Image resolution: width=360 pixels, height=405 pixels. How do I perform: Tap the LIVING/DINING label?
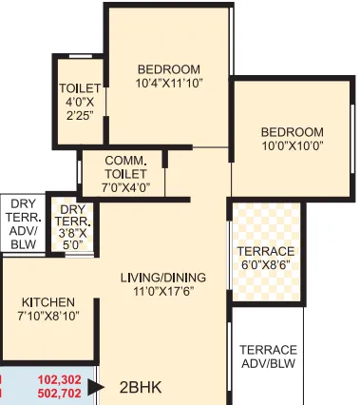click(163, 278)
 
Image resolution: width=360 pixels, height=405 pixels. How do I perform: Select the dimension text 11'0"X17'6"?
click(163, 291)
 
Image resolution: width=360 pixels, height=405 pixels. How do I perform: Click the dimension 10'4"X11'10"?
click(168, 83)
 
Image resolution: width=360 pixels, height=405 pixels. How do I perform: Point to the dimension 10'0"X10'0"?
click(292, 146)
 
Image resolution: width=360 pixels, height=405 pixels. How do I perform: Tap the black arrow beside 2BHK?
click(95, 387)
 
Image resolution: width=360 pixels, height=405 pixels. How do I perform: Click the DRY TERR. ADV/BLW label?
click(23, 223)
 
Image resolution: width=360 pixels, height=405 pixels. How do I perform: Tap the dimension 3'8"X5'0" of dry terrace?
click(72, 237)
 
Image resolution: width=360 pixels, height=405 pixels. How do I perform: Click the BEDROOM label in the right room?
click(292, 132)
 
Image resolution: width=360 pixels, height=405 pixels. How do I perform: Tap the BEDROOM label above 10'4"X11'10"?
click(168, 68)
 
